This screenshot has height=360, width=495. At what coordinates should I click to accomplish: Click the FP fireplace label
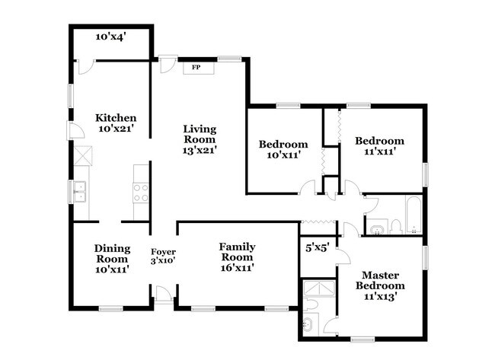(196, 67)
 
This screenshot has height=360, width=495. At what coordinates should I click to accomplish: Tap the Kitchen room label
(116, 118)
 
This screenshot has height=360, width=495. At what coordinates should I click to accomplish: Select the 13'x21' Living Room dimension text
(200, 151)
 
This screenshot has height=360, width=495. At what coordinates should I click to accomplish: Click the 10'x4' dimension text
(110, 36)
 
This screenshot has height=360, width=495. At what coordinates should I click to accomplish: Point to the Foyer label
(163, 252)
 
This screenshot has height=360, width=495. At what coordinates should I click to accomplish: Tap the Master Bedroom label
(382, 280)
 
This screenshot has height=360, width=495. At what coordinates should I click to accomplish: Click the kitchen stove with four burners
(141, 193)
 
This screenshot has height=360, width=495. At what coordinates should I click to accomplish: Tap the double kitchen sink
(80, 191)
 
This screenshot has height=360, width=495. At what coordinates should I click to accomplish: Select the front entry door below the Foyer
(163, 294)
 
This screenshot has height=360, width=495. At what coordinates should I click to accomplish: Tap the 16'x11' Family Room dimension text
(237, 267)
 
